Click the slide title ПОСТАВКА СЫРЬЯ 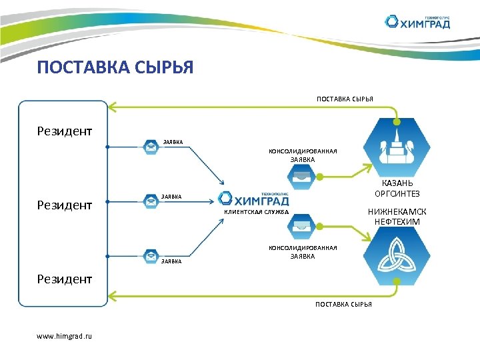[115, 67]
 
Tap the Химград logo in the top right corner [418, 22]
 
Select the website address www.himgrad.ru [65, 335]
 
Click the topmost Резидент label [65, 131]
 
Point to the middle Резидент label [65, 205]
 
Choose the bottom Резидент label [65, 279]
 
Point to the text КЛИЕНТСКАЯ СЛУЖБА [256, 212]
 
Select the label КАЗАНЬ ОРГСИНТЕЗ [397, 189]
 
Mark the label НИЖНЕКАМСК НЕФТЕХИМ [397, 216]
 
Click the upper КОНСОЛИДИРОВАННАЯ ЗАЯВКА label [303, 155]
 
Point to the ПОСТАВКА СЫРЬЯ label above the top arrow [345, 99]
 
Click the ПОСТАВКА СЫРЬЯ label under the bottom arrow [343, 304]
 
